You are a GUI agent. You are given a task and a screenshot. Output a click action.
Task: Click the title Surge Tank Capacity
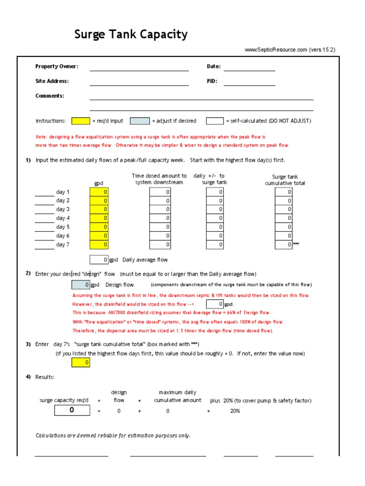point(131,35)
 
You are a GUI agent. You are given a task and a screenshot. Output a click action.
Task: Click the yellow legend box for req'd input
point(80,121)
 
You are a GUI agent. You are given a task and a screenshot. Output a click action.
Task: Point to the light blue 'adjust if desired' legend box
point(139,121)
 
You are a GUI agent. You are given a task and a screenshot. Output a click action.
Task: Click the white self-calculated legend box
point(215,121)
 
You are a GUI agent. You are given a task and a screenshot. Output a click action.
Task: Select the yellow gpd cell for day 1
point(99,192)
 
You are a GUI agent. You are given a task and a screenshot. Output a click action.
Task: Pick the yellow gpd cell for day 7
point(99,244)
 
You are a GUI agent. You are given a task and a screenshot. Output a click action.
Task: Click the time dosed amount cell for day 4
point(160,218)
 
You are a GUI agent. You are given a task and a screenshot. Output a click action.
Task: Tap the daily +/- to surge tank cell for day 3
point(215,209)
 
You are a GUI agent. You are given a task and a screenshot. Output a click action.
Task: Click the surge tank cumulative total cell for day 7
point(284,244)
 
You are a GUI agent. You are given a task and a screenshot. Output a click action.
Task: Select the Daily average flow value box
point(99,260)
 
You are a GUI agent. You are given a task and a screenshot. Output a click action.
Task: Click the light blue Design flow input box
point(80,285)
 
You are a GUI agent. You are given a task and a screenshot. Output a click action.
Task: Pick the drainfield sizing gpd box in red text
point(215,304)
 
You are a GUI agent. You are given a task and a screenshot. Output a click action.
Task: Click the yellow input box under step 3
point(80,363)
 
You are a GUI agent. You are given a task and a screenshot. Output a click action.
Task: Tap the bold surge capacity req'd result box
point(72,410)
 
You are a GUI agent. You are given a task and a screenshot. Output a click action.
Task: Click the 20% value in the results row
point(235,411)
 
